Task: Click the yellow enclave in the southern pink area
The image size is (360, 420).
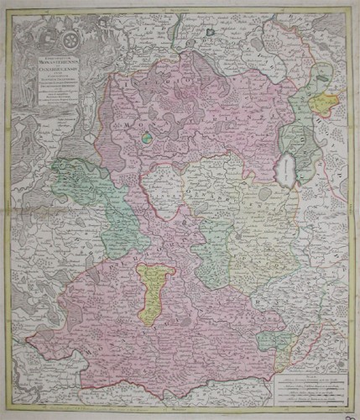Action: click(x=157, y=291)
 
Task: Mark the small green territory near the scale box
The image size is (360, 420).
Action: click(x=270, y=341)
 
